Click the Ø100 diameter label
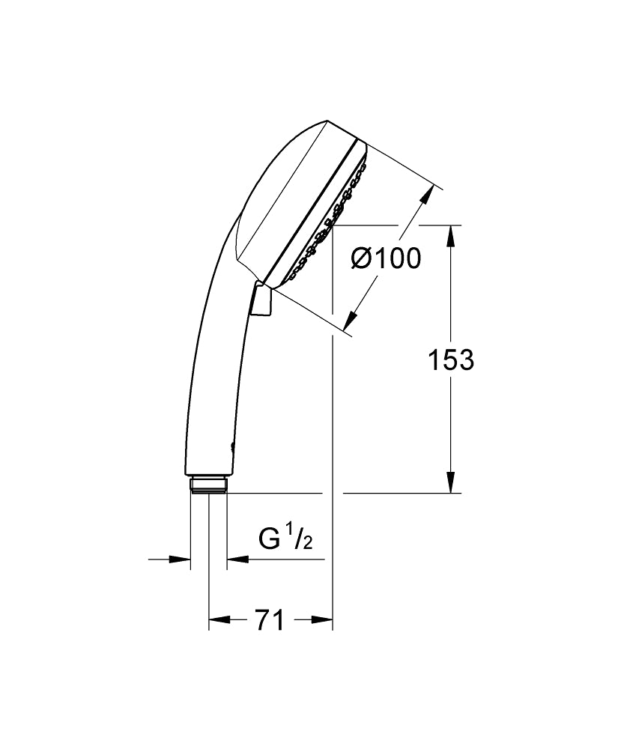(387, 258)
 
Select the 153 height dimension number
(450, 360)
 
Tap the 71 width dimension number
(270, 620)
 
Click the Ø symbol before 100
(361, 258)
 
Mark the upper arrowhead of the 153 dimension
(450, 235)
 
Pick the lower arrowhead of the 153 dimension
(450, 483)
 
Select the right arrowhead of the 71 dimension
(323, 619)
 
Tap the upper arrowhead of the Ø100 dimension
(425, 196)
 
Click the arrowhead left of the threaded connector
(180, 559)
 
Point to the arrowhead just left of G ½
(237, 559)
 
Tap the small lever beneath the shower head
(261, 301)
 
